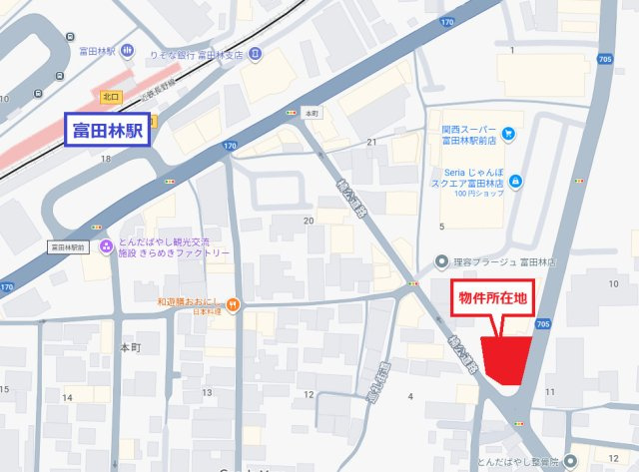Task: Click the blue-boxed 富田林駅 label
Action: (108, 131)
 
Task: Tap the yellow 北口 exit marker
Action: (110, 97)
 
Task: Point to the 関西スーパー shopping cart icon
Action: (508, 132)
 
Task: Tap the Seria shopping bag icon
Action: (515, 181)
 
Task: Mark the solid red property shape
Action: (504, 359)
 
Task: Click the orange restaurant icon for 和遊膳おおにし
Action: (233, 303)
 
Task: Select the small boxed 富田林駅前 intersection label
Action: (67, 245)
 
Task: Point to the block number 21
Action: (371, 143)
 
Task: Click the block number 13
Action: (208, 392)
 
